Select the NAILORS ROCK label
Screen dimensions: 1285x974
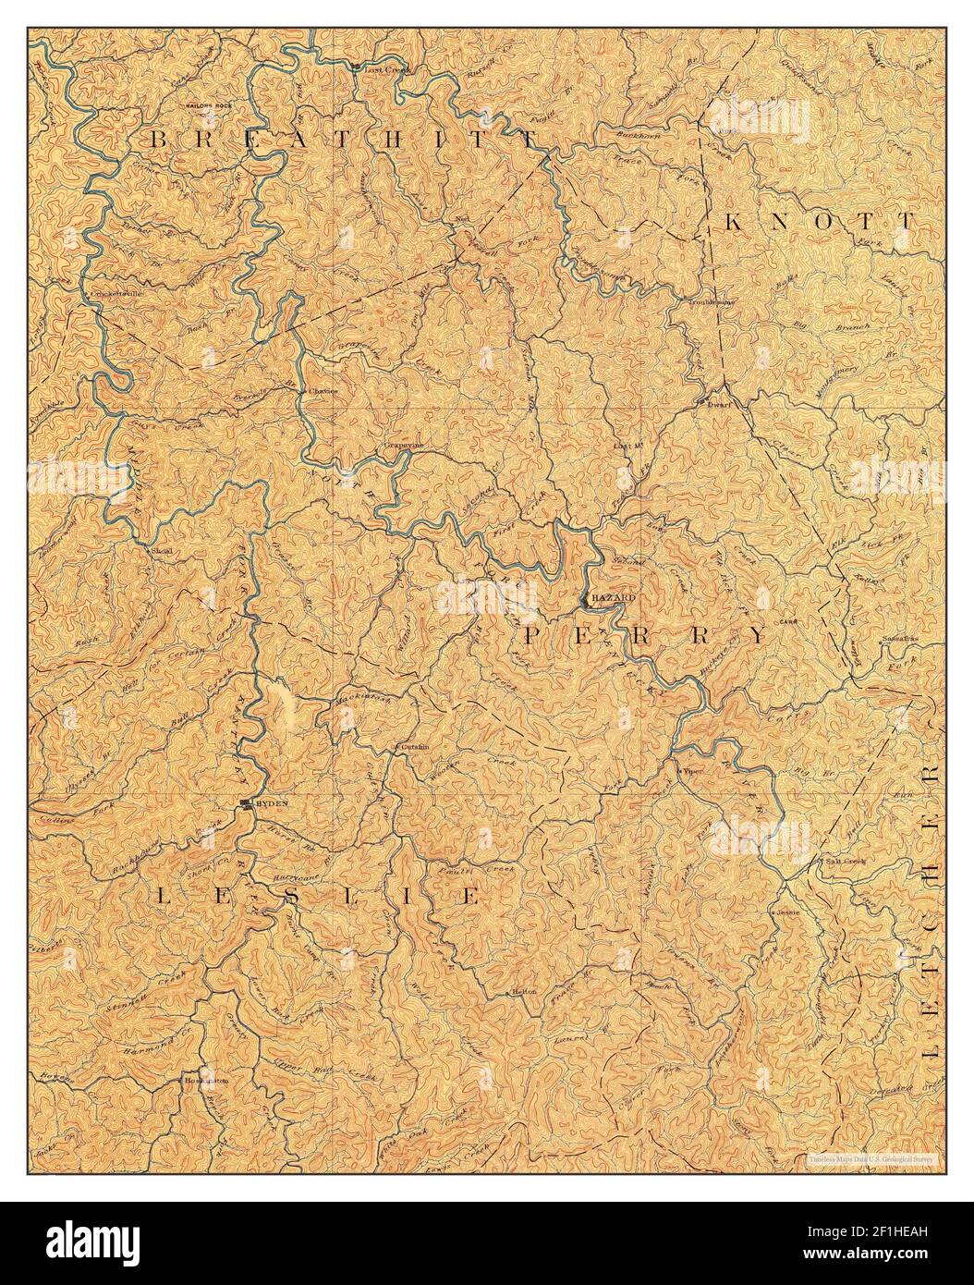tap(213, 106)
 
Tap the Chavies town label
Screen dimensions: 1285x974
tap(323, 390)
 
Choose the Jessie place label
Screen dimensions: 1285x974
tap(787, 911)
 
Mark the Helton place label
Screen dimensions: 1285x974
tap(524, 991)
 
